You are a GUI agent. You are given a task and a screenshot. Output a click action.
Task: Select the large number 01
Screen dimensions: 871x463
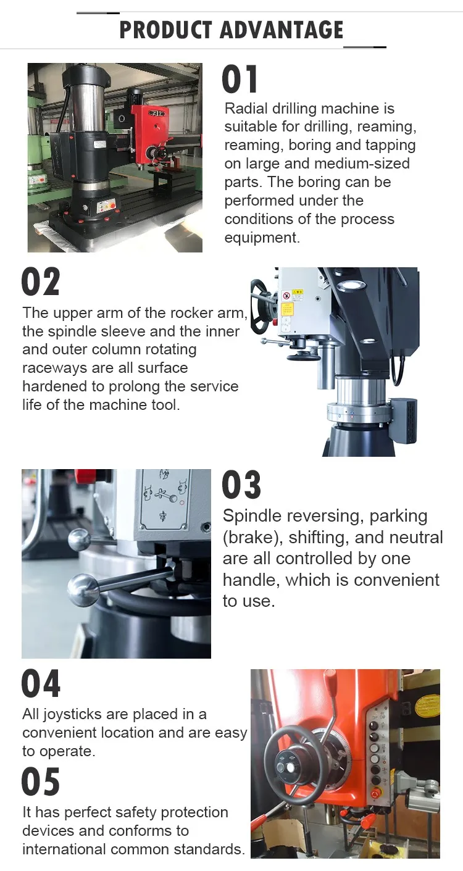tap(240, 80)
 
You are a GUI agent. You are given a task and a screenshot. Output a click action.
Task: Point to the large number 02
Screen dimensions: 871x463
tap(41, 282)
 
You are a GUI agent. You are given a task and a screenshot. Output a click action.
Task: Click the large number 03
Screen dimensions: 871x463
tap(241, 485)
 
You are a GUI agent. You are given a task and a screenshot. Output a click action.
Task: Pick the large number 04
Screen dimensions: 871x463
tap(41, 684)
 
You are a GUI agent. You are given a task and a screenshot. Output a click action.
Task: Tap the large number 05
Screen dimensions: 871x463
tap(41, 782)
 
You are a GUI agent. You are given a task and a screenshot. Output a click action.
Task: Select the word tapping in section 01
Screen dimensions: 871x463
tap(390, 146)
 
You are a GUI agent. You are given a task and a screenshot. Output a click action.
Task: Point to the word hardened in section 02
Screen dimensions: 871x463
tap(52, 386)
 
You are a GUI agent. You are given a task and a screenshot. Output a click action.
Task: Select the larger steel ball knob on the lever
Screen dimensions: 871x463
tap(83, 590)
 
